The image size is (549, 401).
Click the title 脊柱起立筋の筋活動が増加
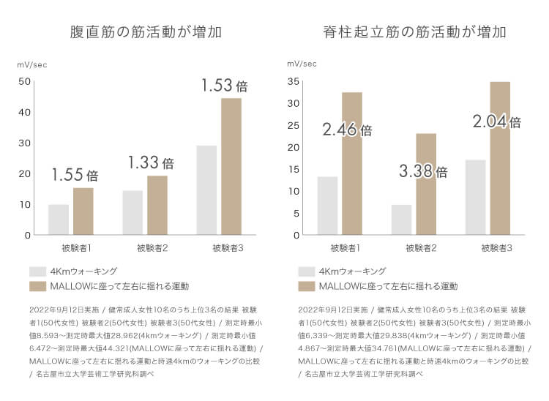pos(415,33)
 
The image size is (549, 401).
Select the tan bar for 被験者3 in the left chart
pos(231,167)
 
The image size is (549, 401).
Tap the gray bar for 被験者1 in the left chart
pos(59,220)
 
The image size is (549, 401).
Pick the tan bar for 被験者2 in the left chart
pos(157,205)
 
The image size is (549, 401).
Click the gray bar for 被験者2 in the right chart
pos(402,220)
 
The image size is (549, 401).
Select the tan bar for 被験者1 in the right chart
pos(351,163)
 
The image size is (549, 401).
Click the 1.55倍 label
pos(74,175)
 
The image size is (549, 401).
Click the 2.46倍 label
pos(347,130)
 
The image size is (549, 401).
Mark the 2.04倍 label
pos(496,121)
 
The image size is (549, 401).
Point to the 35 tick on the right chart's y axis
pos(293,81)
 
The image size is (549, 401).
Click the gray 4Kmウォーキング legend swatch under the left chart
pos(37,271)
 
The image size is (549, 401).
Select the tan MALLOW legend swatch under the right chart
pos(306,285)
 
